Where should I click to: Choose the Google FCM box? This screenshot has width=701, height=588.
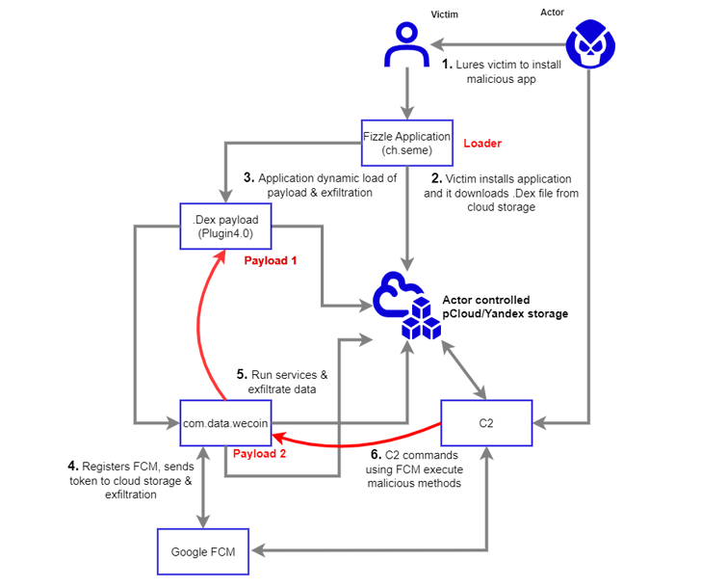[200, 552]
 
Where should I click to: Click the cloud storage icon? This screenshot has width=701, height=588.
[405, 305]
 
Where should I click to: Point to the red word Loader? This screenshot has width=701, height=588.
[483, 144]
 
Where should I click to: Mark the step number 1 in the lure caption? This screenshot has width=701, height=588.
[446, 65]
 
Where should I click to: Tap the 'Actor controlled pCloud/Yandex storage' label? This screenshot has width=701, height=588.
[500, 307]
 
